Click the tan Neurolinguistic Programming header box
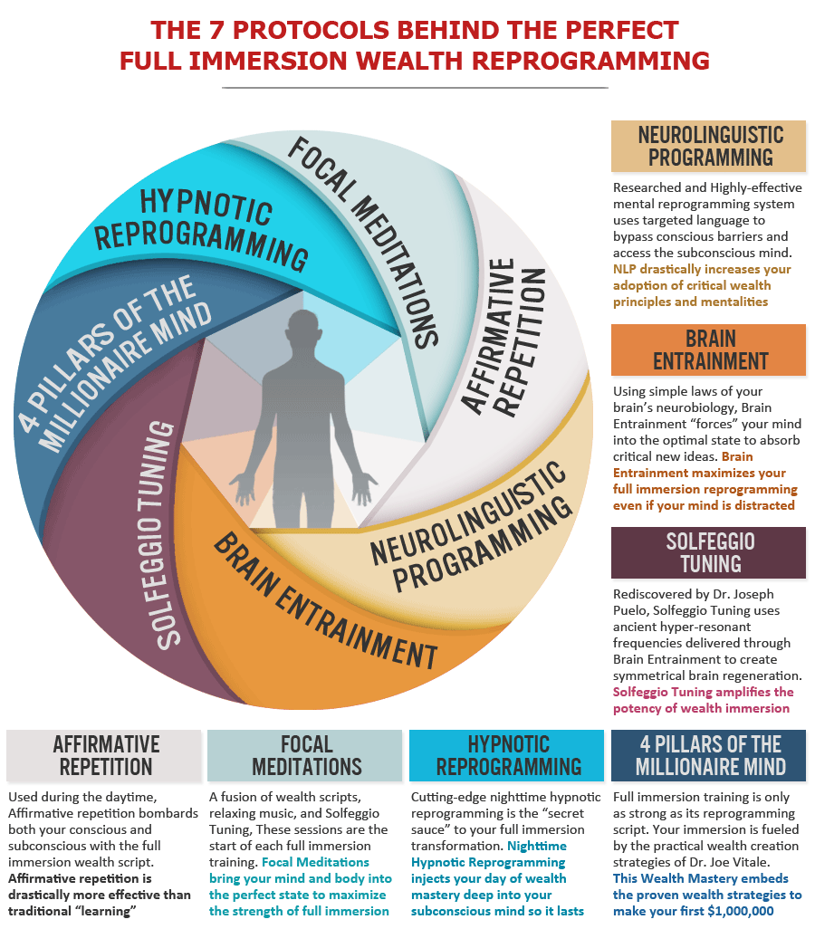click(x=708, y=147)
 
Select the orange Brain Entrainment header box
click(x=708, y=350)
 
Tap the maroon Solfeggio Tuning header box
click(x=708, y=552)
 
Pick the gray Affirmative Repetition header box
click(x=104, y=755)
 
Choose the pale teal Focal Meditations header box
click(x=304, y=755)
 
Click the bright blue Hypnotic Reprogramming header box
click(x=507, y=755)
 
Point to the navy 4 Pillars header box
click(x=708, y=755)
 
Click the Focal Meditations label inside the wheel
click(x=364, y=242)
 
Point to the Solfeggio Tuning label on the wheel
click(x=158, y=534)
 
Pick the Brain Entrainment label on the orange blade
click(x=325, y=600)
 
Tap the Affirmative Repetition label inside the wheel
click(x=503, y=337)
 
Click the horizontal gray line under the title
click(x=415, y=88)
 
